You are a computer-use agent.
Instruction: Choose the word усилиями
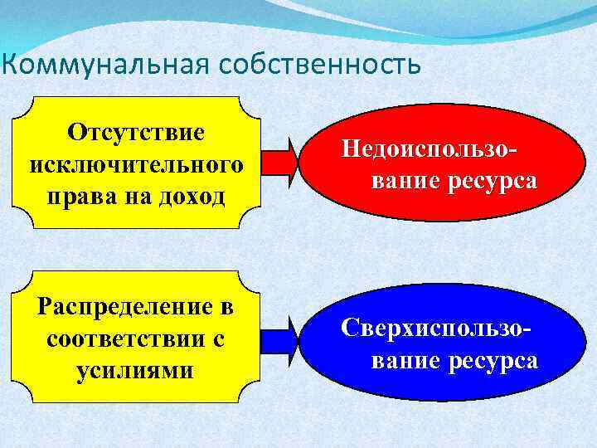(135, 370)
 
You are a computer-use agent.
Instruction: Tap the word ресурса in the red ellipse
(488, 180)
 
